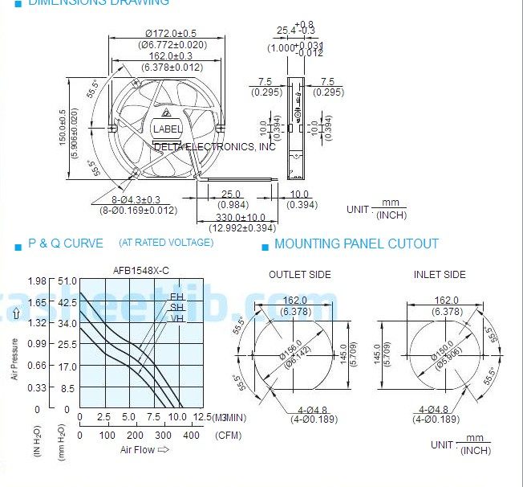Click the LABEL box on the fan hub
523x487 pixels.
point(168,129)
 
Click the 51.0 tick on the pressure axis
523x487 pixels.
point(67,280)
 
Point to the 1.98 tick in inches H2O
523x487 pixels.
point(37,280)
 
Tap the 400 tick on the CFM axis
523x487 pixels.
point(189,435)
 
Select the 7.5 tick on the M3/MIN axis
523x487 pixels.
point(153,418)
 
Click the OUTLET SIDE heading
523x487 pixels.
point(299,275)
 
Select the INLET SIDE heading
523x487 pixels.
point(440,275)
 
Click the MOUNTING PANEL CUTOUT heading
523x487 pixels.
point(356,243)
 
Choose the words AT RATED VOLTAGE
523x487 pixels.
point(166,243)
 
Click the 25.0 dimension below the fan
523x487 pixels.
point(231,194)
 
